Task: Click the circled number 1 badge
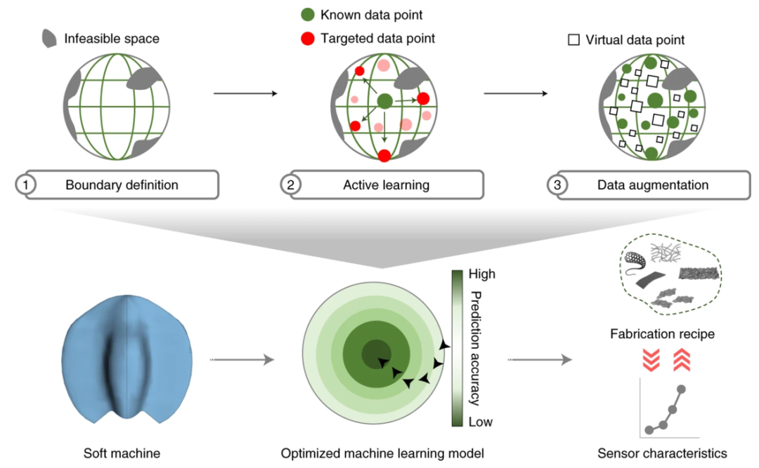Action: click(25, 185)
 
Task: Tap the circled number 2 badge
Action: click(289, 185)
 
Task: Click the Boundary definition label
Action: click(122, 185)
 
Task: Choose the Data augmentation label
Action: click(652, 185)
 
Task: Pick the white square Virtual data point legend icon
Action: click(573, 40)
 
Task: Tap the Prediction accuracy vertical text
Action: click(475, 348)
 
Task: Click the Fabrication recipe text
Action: click(662, 334)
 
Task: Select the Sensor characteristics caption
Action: click(662, 453)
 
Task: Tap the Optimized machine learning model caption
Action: click(382, 453)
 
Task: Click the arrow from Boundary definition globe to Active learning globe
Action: click(241, 93)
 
